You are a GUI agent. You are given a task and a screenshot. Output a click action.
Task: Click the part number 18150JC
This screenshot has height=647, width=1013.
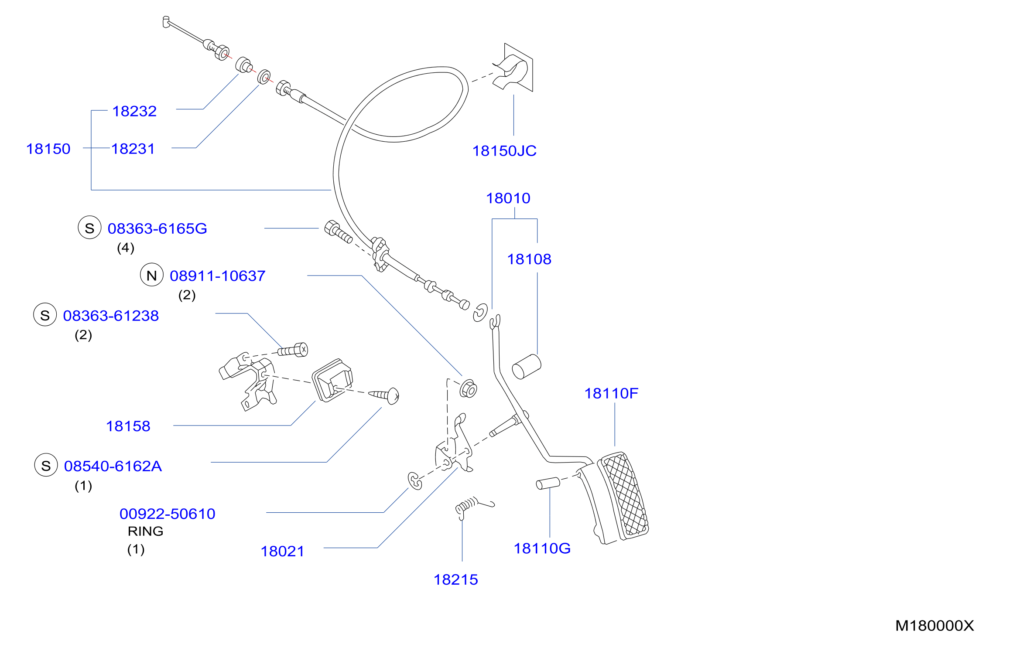pyautogui.click(x=504, y=151)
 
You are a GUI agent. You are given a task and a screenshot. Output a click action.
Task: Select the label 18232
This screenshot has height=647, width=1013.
pyautogui.click(x=134, y=111)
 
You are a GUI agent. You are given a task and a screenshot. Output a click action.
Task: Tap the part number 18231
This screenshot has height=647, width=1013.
pyautogui.click(x=133, y=149)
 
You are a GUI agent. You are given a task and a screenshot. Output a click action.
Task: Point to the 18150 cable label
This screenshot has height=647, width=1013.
pyautogui.click(x=48, y=149)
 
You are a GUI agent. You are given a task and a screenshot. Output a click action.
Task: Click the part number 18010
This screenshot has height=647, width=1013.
pyautogui.click(x=508, y=198)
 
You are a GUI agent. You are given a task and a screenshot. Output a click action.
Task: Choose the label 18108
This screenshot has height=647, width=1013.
pyautogui.click(x=529, y=259)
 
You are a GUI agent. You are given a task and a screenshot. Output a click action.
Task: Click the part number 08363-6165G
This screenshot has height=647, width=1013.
pyautogui.click(x=157, y=228)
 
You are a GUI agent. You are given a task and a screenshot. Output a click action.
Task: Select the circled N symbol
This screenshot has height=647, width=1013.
pyautogui.click(x=152, y=275)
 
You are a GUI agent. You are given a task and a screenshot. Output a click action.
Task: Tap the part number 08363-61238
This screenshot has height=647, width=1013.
pyautogui.click(x=111, y=316)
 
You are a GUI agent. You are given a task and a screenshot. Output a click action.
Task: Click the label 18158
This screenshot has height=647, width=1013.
pyautogui.click(x=128, y=426)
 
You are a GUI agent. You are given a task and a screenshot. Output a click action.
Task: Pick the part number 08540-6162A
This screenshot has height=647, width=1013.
pyautogui.click(x=113, y=467)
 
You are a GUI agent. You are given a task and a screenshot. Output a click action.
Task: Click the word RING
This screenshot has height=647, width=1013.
pyautogui.click(x=146, y=531)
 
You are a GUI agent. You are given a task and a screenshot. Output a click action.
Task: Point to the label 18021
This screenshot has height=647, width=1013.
pyautogui.click(x=282, y=552)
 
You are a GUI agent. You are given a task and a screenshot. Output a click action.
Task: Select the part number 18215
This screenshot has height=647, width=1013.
pyautogui.click(x=456, y=580)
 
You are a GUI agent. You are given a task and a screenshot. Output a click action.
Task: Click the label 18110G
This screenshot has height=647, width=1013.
pyautogui.click(x=542, y=548)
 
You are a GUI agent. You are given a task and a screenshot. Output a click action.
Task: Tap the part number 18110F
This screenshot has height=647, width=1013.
pyautogui.click(x=611, y=394)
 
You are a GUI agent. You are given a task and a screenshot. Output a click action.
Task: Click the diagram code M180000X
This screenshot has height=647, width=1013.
pyautogui.click(x=934, y=626)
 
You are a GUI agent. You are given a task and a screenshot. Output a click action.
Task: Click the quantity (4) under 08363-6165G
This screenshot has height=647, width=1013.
pyautogui.click(x=126, y=248)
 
